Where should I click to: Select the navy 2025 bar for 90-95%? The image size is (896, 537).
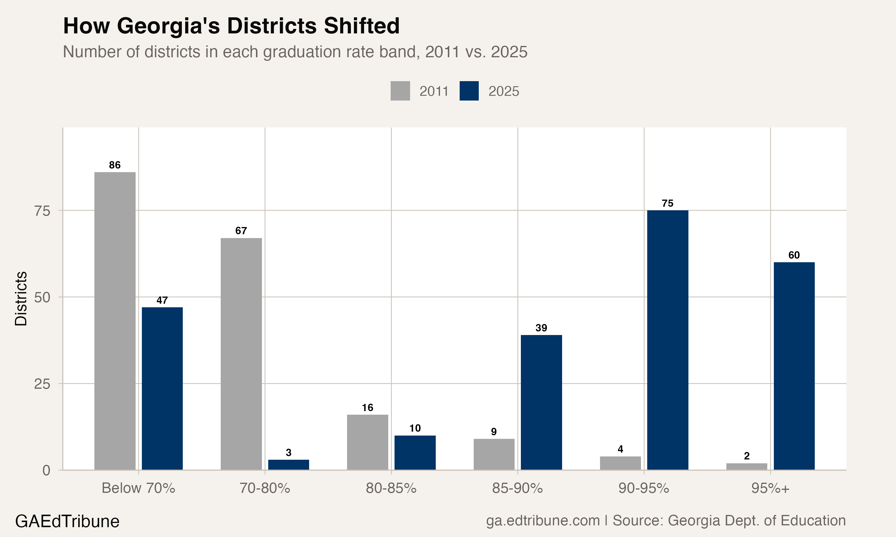pos(668,340)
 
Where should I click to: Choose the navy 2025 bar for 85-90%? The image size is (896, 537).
pos(541,402)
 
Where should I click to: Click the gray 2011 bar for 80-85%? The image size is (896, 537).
pos(367,442)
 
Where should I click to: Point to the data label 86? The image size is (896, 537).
pos(115,165)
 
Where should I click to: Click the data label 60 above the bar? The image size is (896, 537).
pos(794,255)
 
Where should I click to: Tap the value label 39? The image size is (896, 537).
pos(541,328)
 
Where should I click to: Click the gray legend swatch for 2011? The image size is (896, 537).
pos(400,91)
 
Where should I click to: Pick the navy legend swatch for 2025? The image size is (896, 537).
pos(469,91)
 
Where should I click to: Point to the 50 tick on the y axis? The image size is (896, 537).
pos(42,297)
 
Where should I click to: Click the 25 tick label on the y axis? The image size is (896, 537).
pos(42,384)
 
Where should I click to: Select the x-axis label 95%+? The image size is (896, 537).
pos(770,488)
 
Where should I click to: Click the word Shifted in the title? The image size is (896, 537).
pos(361,26)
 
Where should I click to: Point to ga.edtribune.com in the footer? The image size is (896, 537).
pos(542,520)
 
